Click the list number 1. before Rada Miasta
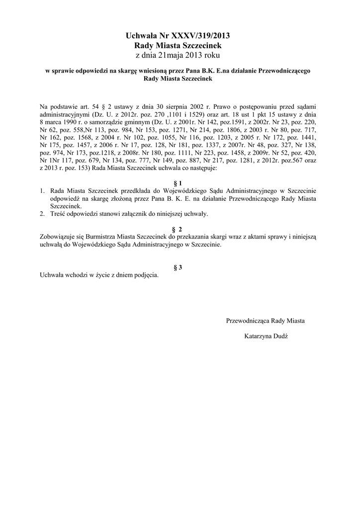click(42, 190)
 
